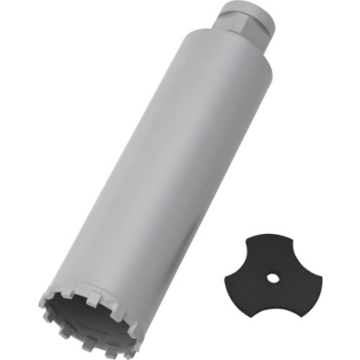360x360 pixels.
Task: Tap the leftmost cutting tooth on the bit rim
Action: click(x=44, y=298)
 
